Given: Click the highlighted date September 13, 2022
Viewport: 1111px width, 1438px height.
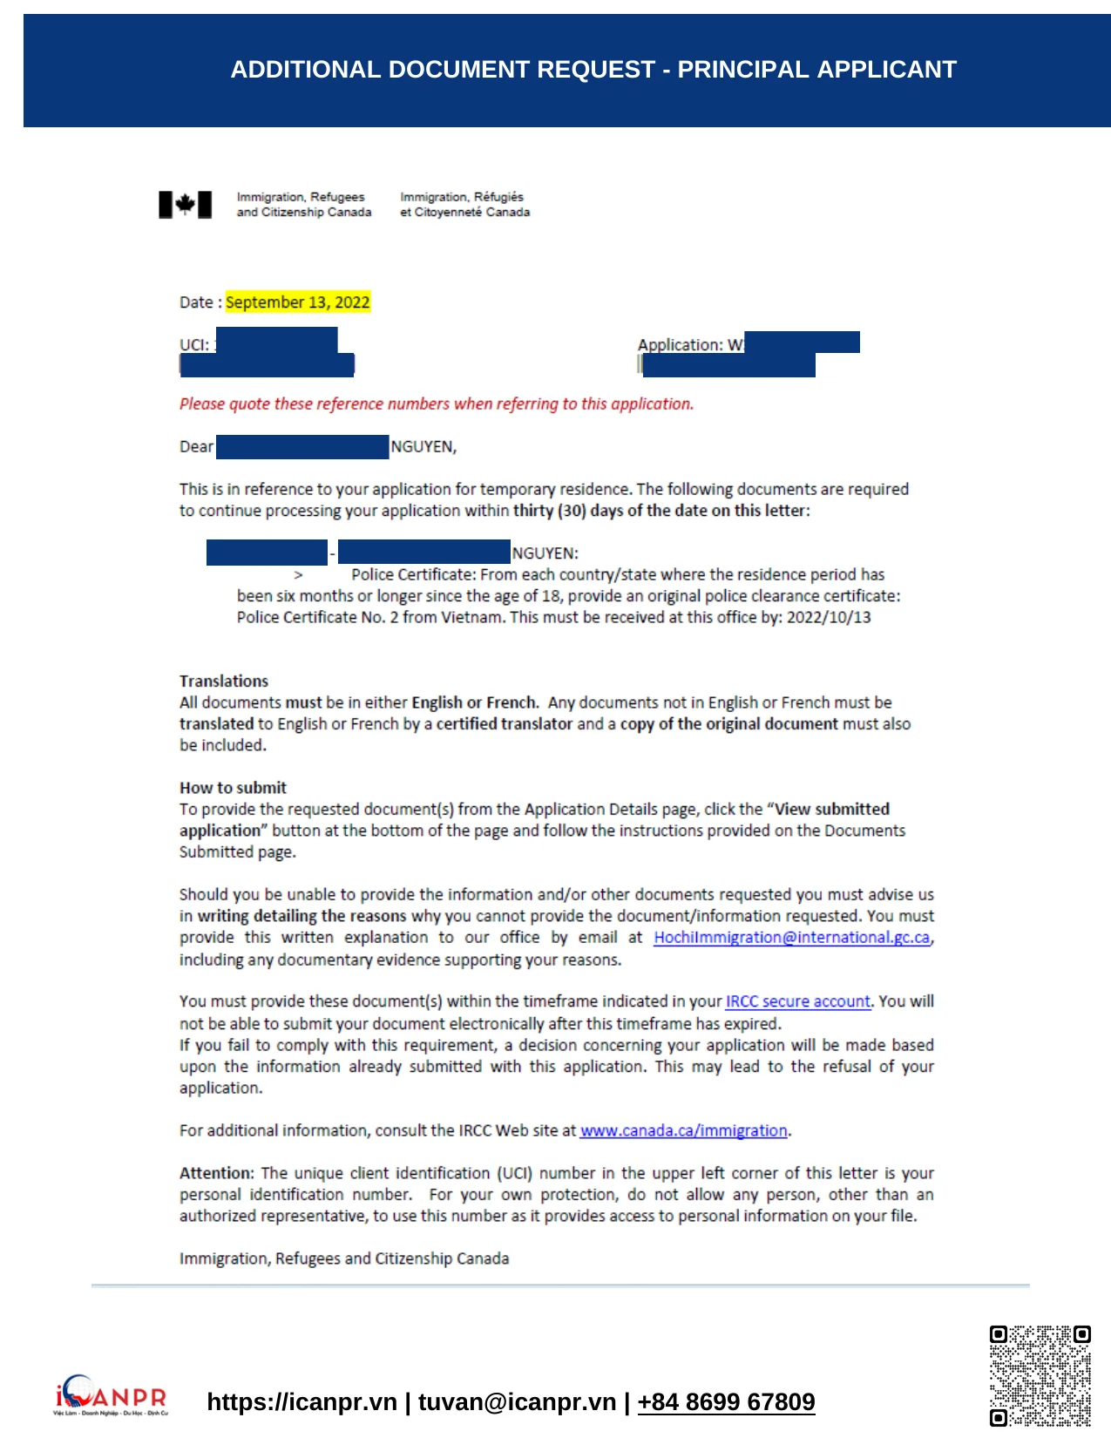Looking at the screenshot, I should click(x=297, y=302).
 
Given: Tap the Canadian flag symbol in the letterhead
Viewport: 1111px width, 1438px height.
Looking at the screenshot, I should click(x=185, y=205).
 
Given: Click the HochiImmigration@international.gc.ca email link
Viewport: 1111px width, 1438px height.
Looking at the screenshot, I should click(x=791, y=938).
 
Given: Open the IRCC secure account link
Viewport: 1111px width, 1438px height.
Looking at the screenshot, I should click(x=797, y=1001).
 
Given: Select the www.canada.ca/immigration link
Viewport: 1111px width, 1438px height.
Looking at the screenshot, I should click(x=683, y=1130).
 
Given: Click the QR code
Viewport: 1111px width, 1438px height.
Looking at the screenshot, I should click(x=1040, y=1376).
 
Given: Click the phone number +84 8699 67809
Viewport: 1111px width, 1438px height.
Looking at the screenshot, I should click(x=726, y=1401).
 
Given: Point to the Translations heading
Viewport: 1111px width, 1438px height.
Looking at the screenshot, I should click(x=224, y=682).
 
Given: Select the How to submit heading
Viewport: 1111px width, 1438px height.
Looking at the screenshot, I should click(x=233, y=788).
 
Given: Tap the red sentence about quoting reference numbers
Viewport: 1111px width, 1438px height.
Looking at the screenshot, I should click(x=436, y=404).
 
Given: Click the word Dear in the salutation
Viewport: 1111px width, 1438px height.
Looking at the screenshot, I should click(x=196, y=447).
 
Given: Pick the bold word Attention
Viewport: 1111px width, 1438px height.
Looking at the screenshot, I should click(x=216, y=1173).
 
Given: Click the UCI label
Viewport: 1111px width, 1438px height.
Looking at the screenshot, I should click(x=193, y=345).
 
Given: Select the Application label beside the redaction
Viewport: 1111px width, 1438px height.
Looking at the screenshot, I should click(x=680, y=345).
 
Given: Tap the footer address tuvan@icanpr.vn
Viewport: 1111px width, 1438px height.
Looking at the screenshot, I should click(x=517, y=1401).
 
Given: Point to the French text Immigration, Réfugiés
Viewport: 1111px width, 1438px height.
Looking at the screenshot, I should click(x=462, y=197).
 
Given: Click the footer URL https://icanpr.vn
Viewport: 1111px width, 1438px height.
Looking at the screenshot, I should click(x=301, y=1401).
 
